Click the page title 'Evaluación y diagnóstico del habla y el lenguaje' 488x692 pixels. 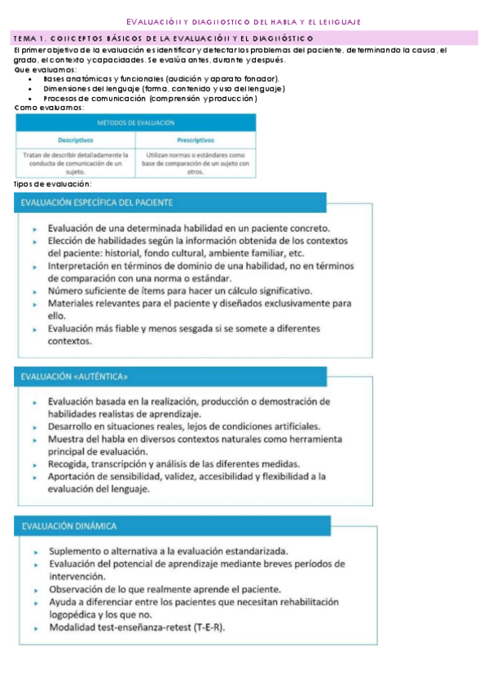tap(244, 21)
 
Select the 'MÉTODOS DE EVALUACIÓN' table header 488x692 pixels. tap(136, 122)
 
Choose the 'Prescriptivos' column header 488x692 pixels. tap(195, 140)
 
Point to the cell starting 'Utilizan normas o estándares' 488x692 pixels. tap(195, 162)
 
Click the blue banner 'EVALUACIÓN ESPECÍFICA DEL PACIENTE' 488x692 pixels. tap(97, 202)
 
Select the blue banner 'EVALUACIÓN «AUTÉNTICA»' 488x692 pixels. tap(74, 377)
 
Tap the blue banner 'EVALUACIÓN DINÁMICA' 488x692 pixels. tap(69, 526)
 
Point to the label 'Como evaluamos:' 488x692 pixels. tap(48, 108)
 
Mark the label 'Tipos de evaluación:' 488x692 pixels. tap(53, 184)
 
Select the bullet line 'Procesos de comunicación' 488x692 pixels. tap(150, 98)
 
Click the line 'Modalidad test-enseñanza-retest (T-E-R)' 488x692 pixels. tap(136, 628)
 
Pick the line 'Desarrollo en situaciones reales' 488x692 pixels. tap(183, 426)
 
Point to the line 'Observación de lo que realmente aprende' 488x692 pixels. tap(165, 589)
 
